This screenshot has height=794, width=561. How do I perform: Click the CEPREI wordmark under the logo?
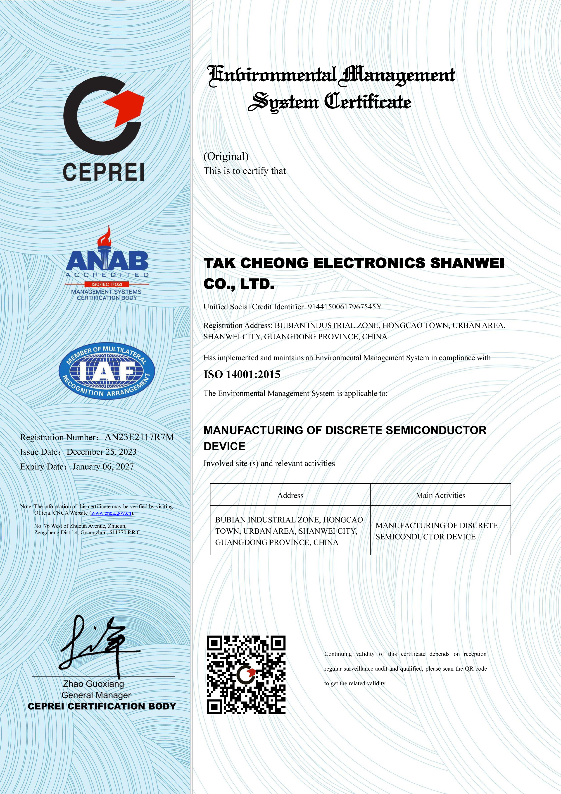click(103, 172)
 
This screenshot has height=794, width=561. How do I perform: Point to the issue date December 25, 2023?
click(102, 452)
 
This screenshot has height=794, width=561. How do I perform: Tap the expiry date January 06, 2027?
click(103, 467)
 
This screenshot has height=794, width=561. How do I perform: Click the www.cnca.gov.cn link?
click(111, 513)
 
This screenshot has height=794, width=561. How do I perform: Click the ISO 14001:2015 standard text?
click(242, 374)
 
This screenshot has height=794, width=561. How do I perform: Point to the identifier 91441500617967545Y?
click(345, 307)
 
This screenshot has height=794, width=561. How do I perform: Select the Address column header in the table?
click(290, 496)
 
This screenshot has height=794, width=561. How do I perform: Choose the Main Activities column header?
click(440, 496)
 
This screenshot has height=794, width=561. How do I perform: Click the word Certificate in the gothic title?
click(368, 102)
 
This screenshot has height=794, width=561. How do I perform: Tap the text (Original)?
click(226, 156)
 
